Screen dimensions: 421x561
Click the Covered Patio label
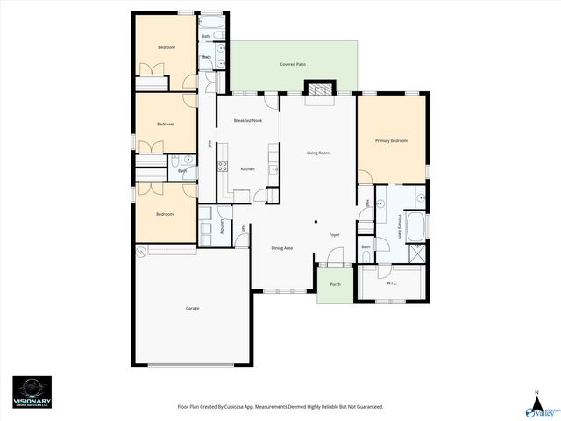pos(293,65)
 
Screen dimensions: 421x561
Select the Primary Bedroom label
pos(392,140)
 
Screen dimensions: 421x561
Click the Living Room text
pos(318,153)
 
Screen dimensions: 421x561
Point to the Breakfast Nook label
pos(248,120)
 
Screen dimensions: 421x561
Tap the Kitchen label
pos(248,168)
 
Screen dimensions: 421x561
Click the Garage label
pos(192,308)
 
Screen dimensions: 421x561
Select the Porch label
pos(335,285)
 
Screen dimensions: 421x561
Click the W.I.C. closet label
pos(392,283)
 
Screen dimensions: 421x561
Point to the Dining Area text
pos(282,248)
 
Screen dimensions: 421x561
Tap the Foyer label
pos(334,235)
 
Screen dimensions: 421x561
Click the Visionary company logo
pos(32,391)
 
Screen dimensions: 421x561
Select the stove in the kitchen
pos(223,165)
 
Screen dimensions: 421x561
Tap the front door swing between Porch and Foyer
pos(333,257)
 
